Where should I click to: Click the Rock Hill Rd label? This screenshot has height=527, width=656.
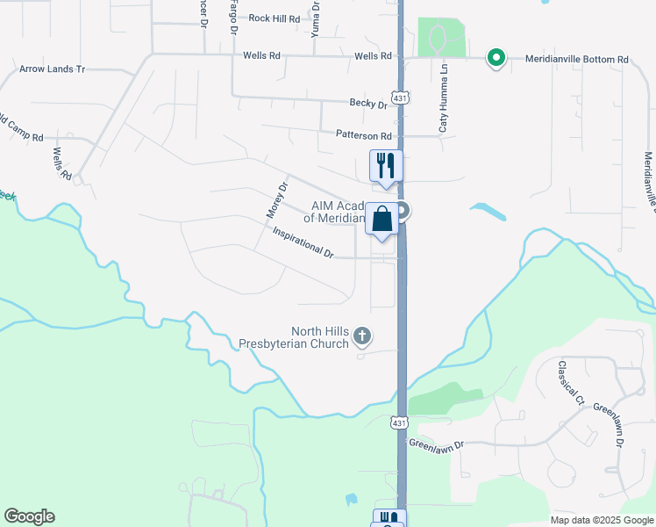point(274,18)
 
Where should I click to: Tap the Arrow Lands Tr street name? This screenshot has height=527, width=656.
point(52,69)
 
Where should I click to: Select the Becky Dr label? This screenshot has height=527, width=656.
point(367,104)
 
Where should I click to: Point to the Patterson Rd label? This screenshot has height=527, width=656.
point(363,135)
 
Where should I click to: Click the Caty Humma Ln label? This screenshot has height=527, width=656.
point(444,97)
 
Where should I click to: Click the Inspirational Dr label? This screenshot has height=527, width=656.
point(303,243)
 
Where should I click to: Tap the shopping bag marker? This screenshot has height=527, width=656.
point(383,219)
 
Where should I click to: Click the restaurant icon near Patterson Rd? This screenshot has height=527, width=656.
point(385,164)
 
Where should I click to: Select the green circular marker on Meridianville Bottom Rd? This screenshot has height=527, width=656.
point(496,59)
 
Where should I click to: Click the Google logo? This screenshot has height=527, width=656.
point(29,516)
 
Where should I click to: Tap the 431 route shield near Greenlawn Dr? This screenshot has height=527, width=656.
point(399,422)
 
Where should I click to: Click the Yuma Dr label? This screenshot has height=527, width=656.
point(316,18)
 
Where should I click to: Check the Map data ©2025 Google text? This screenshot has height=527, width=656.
point(601,520)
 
